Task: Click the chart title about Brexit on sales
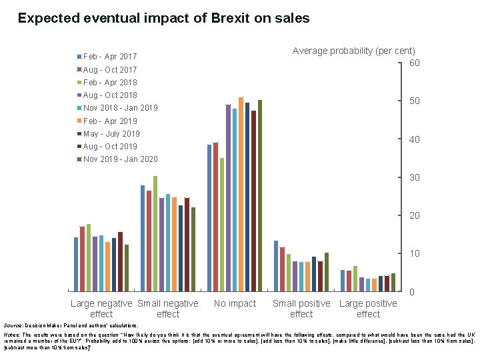pyautogui.click(x=163, y=19)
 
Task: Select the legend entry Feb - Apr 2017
pyautogui.click(x=110, y=57)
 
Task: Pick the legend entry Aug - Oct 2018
pyautogui.click(x=110, y=95)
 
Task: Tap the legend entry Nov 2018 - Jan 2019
pyautogui.click(x=120, y=108)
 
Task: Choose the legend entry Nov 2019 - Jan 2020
pyautogui.click(x=120, y=159)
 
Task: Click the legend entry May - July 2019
pyautogui.click(x=111, y=133)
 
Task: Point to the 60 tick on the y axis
pyautogui.click(x=414, y=63)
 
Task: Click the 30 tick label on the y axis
pyautogui.click(x=414, y=178)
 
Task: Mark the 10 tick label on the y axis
pyautogui.click(x=414, y=254)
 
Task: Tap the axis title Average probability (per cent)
pyautogui.click(x=354, y=51)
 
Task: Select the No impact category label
pyautogui.click(x=235, y=304)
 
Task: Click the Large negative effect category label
pyautogui.click(x=101, y=309)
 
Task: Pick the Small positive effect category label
pyautogui.click(x=301, y=309)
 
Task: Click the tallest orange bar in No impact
pyautogui.click(x=241, y=193)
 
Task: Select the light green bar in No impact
pyautogui.click(x=222, y=224)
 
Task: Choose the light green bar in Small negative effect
pyautogui.click(x=155, y=233)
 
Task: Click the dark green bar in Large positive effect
pyautogui.click(x=393, y=282)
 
